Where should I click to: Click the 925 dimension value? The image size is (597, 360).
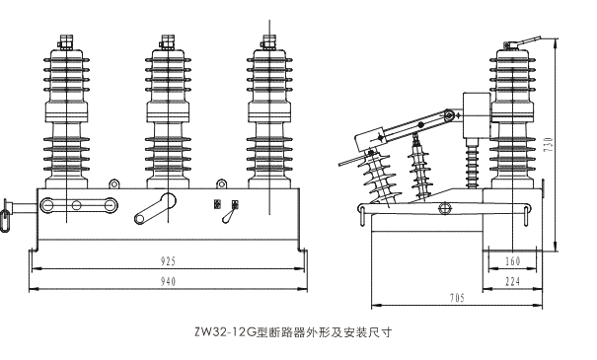[x=168, y=261]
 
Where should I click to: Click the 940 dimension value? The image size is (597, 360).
[x=168, y=282]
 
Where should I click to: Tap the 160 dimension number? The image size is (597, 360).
[x=512, y=261]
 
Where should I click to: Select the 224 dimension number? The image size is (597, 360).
[x=512, y=282]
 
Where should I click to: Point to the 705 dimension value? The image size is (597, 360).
[x=457, y=298]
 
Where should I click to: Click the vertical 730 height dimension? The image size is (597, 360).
[x=549, y=145]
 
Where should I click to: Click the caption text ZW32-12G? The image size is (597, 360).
[x=224, y=332]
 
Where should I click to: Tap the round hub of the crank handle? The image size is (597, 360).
[x=168, y=200]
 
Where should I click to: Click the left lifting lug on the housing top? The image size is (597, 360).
[x=113, y=184]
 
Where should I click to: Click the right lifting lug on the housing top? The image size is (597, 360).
[x=221, y=184]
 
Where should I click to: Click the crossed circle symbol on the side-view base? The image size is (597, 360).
[x=445, y=208]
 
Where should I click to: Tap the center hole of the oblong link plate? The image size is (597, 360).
[x=77, y=205]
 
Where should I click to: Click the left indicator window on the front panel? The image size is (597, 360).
[x=217, y=204]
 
